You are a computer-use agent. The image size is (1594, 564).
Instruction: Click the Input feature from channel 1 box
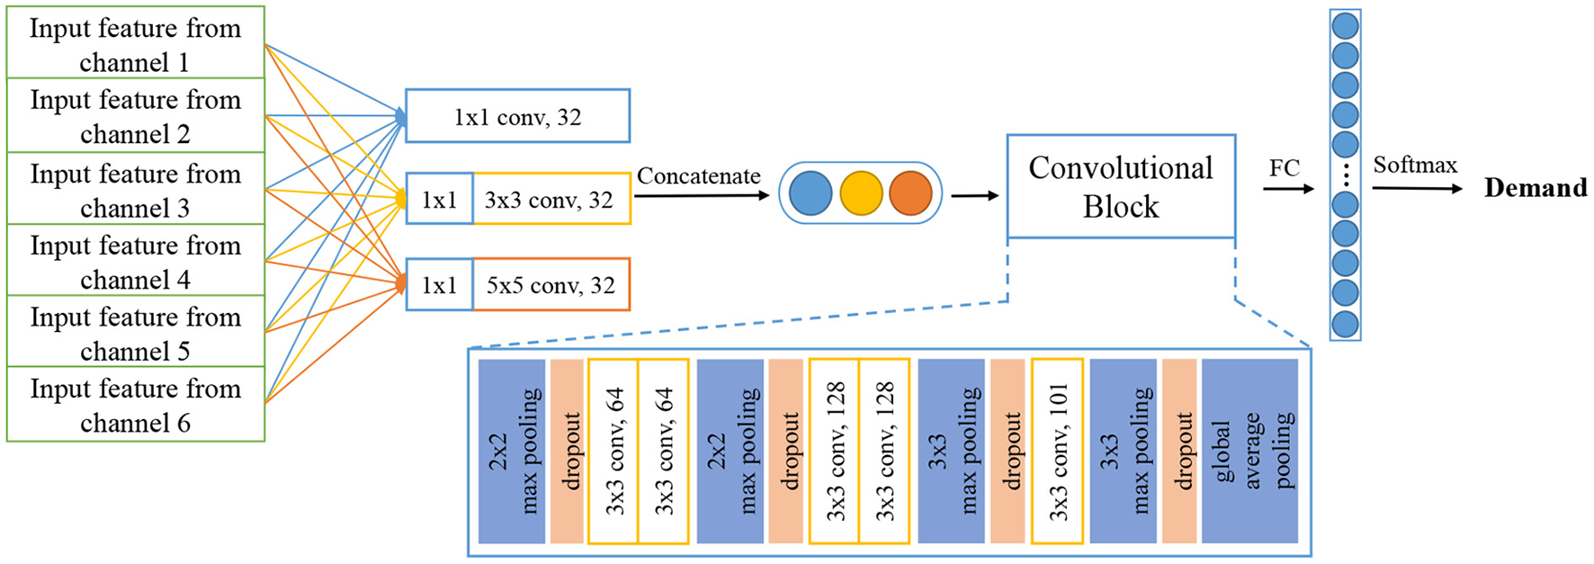tap(135, 43)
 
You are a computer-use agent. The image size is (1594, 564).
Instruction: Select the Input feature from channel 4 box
tap(135, 261)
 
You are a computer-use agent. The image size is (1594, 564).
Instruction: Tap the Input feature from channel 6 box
tap(135, 405)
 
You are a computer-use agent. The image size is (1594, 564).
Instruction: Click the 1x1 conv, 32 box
tap(517, 116)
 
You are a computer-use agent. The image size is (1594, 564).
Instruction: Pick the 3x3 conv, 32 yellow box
tap(551, 199)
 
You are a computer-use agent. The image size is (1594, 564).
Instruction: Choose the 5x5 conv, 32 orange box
tap(551, 285)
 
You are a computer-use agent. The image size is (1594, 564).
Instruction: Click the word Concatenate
tap(698, 176)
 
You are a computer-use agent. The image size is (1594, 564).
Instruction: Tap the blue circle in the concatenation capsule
tap(810, 193)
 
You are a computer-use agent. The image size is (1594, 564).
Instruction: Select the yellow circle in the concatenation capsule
tap(861, 193)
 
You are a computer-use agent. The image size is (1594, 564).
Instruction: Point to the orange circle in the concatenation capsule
tap(910, 193)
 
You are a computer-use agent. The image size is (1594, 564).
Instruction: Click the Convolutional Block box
tap(1121, 187)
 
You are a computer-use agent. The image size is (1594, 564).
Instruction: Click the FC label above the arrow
tap(1284, 168)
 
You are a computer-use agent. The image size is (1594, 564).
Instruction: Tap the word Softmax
tap(1414, 165)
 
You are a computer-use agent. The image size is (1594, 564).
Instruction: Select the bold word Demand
tap(1535, 188)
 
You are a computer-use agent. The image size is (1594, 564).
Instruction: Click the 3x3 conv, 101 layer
tap(1057, 451)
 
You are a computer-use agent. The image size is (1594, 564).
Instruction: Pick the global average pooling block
tap(1249, 451)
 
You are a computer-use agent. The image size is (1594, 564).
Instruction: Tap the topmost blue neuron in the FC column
tap(1345, 25)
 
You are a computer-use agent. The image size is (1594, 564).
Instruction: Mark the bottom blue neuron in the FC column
tap(1345, 324)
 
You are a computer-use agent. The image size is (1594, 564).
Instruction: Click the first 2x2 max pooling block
tap(512, 451)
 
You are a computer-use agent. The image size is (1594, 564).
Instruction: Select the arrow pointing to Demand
tap(1417, 189)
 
